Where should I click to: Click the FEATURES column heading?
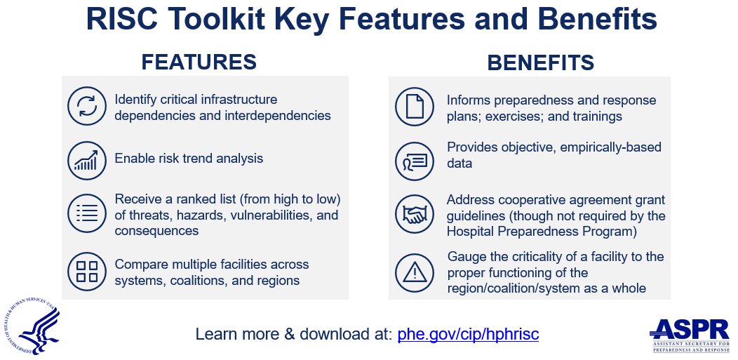pos(199,62)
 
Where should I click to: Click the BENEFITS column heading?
pos(540,62)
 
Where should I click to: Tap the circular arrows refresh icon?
pos(86,106)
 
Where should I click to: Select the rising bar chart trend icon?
pos(86,159)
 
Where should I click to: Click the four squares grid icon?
pos(86,272)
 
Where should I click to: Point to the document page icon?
pos(415,106)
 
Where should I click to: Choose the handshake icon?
pos(415,215)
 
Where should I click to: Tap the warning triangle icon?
pos(415,272)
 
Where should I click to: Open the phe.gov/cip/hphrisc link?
pos(468,334)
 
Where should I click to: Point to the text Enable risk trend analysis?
pos(189,159)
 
